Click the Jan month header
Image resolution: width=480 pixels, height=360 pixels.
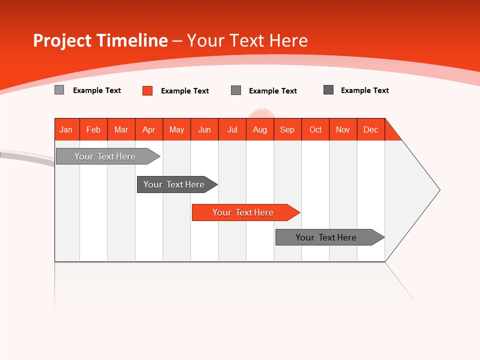(x=66, y=129)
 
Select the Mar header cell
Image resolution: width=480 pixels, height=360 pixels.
(x=121, y=129)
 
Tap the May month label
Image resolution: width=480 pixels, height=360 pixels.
(x=176, y=129)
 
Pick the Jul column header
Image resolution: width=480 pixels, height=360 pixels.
(x=232, y=129)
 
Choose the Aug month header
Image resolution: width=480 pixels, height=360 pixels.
(x=259, y=129)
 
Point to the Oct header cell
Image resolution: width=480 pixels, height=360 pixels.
(x=315, y=129)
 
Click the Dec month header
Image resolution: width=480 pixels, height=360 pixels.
(x=370, y=129)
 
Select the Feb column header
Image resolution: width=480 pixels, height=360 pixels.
(x=93, y=129)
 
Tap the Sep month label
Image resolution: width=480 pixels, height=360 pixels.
(x=287, y=129)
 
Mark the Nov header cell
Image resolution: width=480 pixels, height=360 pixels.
(x=342, y=129)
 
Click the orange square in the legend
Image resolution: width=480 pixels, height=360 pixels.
(x=147, y=90)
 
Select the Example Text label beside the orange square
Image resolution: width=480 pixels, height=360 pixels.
(x=184, y=91)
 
